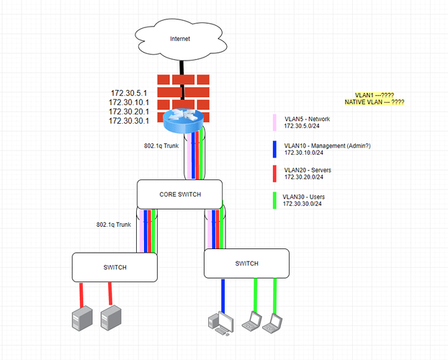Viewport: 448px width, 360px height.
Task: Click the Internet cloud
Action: coord(181,38)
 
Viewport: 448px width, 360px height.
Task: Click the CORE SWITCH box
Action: coord(179,194)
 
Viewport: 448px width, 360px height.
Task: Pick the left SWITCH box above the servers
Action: coord(115,267)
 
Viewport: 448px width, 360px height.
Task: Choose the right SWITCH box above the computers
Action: coord(246,264)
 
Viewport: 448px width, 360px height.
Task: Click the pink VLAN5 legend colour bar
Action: coord(275,122)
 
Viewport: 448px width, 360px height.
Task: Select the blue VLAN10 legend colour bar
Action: coord(275,149)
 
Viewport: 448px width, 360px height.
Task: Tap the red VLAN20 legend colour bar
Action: coord(275,174)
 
